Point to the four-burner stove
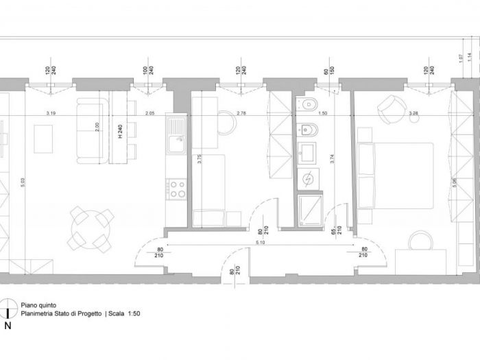176,189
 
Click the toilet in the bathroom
307,107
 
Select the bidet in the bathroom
306,130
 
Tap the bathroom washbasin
307,152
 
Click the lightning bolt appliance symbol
307,178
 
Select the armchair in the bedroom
390,109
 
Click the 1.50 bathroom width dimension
323,112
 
